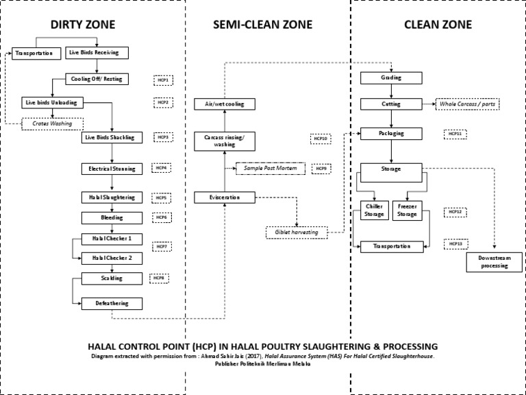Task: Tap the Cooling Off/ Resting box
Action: click(96, 79)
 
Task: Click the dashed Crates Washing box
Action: click(51, 124)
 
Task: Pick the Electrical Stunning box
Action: click(112, 168)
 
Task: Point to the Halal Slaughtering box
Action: click(112, 197)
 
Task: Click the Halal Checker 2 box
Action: click(112, 259)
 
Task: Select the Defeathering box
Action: click(112, 302)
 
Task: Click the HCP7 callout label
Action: click(161, 246)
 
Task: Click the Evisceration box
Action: click(225, 197)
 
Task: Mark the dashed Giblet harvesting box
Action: click(297, 232)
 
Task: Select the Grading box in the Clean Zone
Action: click(390, 77)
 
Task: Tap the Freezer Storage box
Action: click(408, 211)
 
